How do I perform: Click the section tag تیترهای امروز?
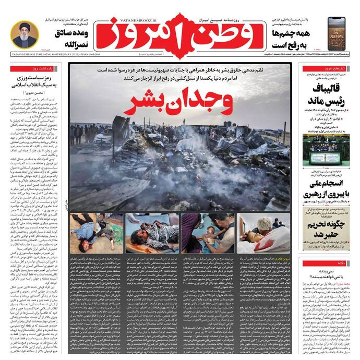334,68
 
